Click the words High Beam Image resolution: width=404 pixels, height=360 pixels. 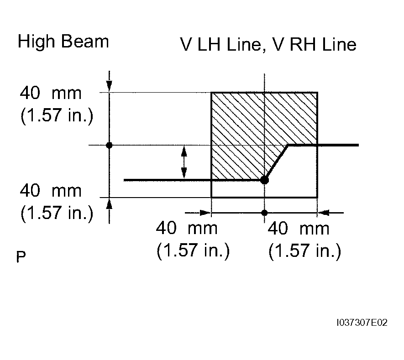point(63,42)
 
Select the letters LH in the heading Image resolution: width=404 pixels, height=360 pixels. point(209,45)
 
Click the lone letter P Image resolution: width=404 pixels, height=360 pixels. point(21,257)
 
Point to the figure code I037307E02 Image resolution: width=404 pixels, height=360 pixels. point(362,323)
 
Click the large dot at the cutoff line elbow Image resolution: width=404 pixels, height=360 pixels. point(264,180)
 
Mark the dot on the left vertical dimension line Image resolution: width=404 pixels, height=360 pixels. point(109,145)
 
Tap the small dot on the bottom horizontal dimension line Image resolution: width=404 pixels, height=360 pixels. point(264,213)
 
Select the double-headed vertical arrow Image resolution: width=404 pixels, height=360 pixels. point(184,162)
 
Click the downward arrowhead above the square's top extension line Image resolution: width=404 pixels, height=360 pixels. point(109,86)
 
